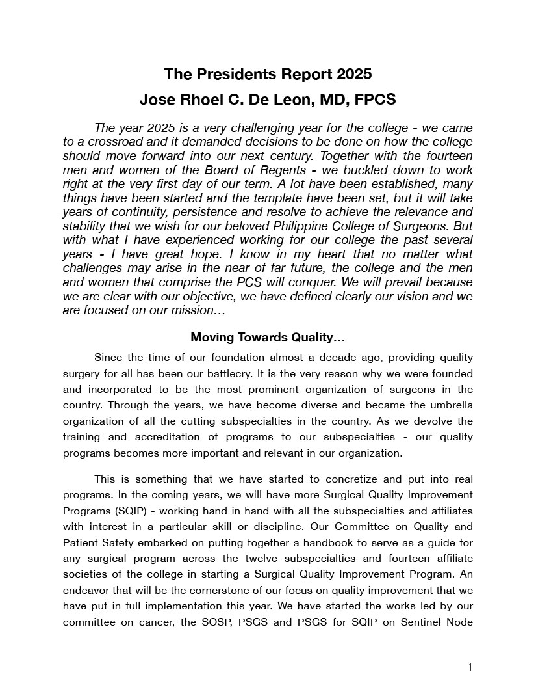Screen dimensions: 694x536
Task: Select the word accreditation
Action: (x=147, y=437)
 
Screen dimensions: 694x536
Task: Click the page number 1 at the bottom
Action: (x=470, y=667)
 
